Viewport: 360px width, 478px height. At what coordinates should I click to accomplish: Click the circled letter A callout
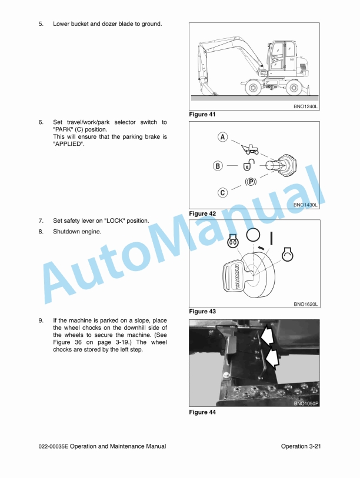[x=222, y=137]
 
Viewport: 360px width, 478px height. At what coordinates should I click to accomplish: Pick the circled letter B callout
[x=218, y=166]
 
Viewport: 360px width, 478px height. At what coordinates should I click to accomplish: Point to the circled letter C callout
[x=222, y=192]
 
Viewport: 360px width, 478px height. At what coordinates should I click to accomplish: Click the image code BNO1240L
[x=305, y=106]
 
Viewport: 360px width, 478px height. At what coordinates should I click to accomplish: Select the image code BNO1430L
[x=305, y=205]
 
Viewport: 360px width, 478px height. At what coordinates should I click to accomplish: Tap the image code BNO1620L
[x=305, y=304]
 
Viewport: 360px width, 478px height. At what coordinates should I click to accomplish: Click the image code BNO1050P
[x=305, y=403]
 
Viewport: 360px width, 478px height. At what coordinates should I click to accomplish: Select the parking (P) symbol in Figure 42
[x=251, y=182]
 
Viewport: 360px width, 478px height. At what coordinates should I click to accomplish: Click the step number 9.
[x=41, y=321]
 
